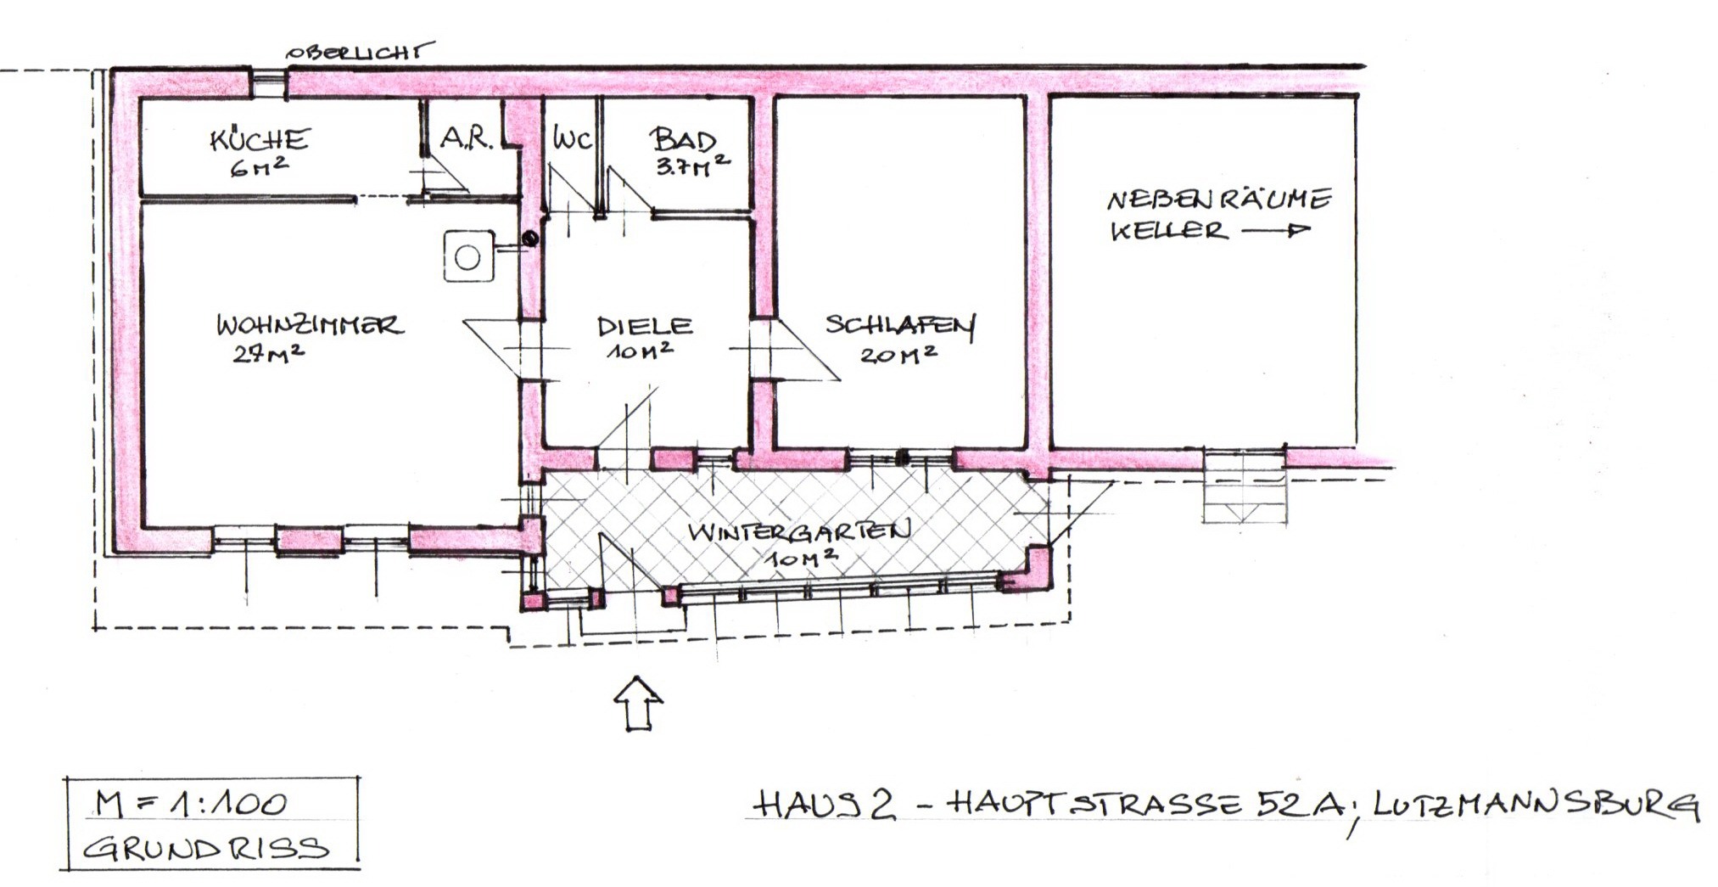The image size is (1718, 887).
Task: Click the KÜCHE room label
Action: (x=260, y=139)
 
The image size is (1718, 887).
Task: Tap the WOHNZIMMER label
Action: (x=310, y=325)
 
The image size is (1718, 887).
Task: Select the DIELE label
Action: (x=645, y=326)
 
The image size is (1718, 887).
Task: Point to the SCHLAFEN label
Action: (x=900, y=325)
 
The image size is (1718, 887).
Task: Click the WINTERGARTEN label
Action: (x=799, y=532)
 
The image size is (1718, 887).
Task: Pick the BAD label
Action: (x=683, y=139)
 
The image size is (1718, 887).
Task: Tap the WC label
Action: (x=572, y=138)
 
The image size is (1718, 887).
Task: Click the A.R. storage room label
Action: (x=466, y=138)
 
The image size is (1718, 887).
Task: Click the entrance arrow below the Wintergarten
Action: (x=638, y=703)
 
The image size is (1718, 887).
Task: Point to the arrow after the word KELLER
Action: (x=1277, y=229)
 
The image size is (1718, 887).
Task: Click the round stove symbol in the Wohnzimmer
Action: (x=467, y=256)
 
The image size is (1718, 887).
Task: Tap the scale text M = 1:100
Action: (x=190, y=804)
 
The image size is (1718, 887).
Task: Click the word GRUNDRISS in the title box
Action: (x=205, y=849)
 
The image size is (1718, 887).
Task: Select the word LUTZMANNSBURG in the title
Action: (x=1536, y=805)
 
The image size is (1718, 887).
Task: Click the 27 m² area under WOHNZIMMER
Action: (x=268, y=353)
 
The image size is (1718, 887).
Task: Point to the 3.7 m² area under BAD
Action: (x=691, y=166)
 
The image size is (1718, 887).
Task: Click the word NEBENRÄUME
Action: (x=1219, y=199)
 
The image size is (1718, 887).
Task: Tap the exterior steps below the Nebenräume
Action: (x=1245, y=487)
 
